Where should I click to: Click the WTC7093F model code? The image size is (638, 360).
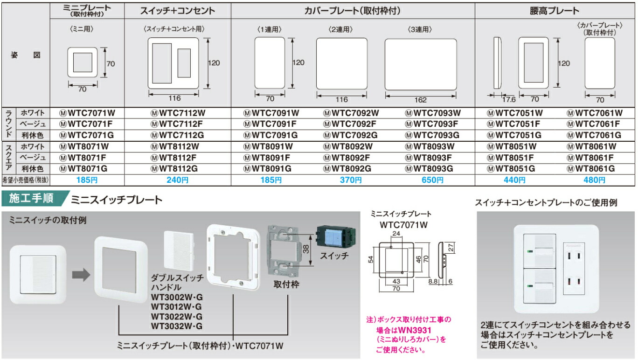coord(433,124)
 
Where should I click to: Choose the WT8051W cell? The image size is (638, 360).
coord(514,146)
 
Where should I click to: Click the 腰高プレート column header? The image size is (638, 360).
coord(555,11)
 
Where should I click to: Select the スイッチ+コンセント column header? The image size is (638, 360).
coord(178,11)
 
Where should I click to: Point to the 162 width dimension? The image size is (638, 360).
coord(420,100)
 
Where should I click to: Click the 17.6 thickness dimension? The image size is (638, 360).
coord(508,99)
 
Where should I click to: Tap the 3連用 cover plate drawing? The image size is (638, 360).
coord(420,64)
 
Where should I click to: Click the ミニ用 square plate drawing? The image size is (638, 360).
coord(83,61)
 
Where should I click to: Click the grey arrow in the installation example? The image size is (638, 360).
coord(82,275)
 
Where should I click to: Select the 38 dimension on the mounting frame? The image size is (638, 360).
coord(306,251)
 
